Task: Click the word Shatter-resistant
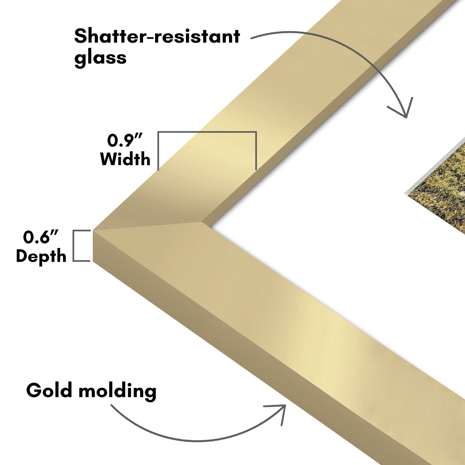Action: (x=157, y=36)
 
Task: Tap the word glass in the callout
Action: (x=100, y=58)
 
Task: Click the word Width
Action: (x=125, y=159)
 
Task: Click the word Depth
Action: (x=41, y=256)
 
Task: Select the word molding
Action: (x=118, y=391)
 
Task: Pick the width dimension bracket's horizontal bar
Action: (x=207, y=132)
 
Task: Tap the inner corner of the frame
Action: (x=202, y=222)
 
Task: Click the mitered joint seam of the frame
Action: (x=149, y=226)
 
